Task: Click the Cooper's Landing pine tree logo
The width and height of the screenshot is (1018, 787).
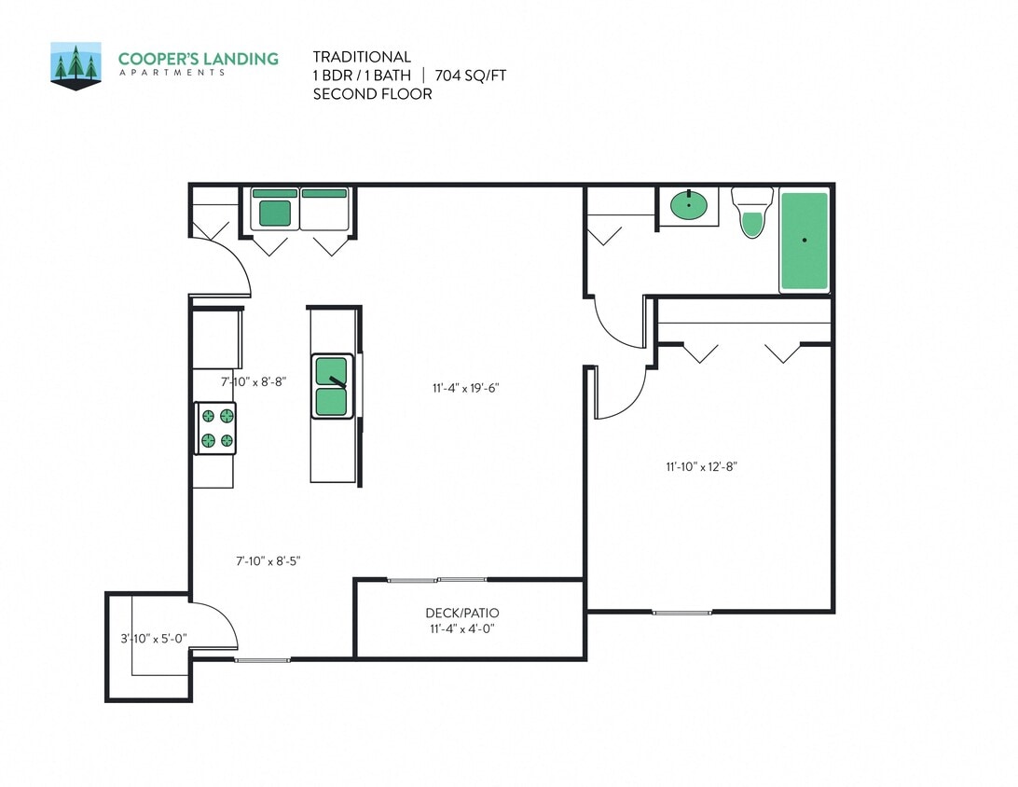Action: coord(76,66)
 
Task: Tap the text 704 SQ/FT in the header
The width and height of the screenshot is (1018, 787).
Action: coord(471,76)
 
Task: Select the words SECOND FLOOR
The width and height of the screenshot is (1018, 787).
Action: coord(372,93)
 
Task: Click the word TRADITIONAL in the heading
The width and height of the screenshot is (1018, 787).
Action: coord(362,57)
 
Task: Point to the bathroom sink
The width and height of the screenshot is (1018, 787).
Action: coord(689,204)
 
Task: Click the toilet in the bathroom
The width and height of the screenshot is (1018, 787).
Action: coord(752,214)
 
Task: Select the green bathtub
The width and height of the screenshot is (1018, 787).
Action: coord(804,242)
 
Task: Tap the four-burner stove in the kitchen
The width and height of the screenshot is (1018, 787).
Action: coord(215,429)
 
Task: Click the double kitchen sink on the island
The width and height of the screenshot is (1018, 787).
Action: coord(332,386)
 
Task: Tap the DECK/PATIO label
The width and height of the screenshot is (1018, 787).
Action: coord(461,613)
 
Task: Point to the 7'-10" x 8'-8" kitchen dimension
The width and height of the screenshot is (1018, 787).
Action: coord(253,381)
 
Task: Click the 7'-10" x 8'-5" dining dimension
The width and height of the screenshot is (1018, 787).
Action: coord(268,560)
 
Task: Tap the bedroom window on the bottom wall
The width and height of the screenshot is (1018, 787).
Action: coord(681,613)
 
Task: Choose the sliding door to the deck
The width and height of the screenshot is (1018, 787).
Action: coord(437,580)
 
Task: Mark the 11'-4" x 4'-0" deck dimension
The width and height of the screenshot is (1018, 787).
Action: coord(461,628)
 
